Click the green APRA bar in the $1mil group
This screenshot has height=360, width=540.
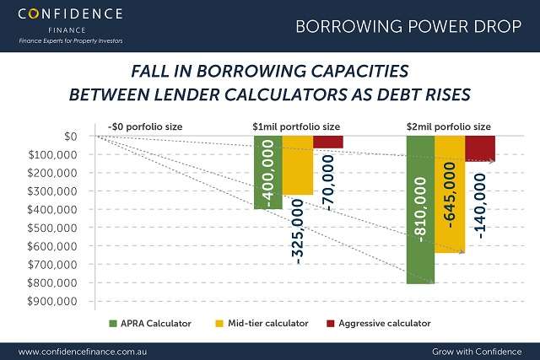(x=268, y=173)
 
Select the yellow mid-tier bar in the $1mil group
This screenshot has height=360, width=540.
(x=298, y=165)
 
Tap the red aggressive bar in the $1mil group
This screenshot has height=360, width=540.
(x=328, y=142)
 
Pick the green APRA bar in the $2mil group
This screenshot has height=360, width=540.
(x=420, y=210)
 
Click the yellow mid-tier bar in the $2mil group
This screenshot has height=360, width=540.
(x=450, y=195)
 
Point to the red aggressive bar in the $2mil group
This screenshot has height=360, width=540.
(x=480, y=148)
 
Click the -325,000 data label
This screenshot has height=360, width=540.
(x=298, y=232)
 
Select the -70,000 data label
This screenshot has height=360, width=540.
(x=328, y=183)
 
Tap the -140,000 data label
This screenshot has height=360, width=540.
(x=480, y=207)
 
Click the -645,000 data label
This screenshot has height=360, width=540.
(x=450, y=195)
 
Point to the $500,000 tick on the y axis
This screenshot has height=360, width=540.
(x=52, y=228)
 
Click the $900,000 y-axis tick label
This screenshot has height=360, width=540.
(x=52, y=302)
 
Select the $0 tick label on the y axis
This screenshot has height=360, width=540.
(x=71, y=137)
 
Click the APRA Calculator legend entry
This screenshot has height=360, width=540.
(x=150, y=324)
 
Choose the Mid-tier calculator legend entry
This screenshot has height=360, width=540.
(x=262, y=324)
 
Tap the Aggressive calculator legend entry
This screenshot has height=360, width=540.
(x=379, y=324)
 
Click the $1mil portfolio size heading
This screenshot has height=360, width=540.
(x=296, y=127)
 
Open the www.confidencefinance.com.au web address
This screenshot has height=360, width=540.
(x=83, y=352)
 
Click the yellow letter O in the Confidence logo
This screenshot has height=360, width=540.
(x=34, y=14)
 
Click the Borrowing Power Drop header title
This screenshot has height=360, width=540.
(x=408, y=26)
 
